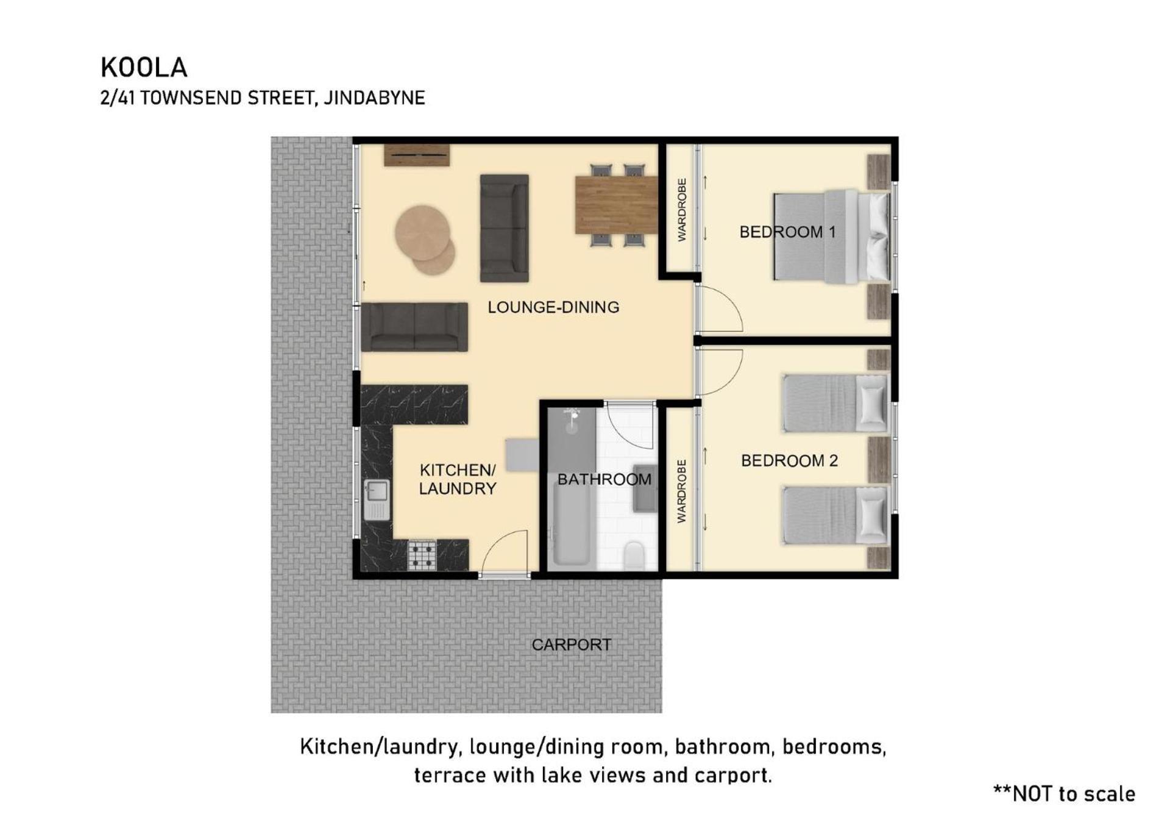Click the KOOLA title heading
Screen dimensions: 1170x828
144,68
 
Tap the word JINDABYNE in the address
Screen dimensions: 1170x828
374,98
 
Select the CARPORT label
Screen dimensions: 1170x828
571,644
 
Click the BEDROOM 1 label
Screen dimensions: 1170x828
787,232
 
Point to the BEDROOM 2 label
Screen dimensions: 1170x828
789,460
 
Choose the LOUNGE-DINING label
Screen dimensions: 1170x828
553,307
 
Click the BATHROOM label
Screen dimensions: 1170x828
604,479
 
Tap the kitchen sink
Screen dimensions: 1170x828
377,500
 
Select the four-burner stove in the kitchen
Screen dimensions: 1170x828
422,555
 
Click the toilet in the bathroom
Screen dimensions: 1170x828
634,556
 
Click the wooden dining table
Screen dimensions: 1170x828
616,205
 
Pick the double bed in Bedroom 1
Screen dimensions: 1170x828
832,237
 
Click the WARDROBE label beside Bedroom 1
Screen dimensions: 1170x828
681,210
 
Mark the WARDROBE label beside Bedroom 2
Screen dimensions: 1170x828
681,491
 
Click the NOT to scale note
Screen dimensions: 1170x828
1064,793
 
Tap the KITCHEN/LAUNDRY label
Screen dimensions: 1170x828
457,479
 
